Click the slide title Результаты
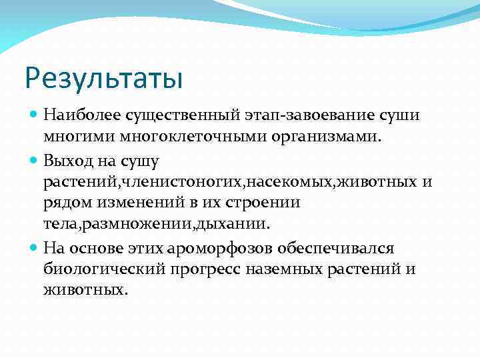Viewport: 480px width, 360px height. pos(103,77)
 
